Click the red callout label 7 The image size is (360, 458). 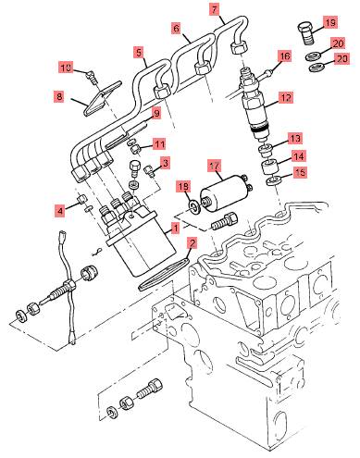(215, 9)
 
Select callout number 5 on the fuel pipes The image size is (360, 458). (139, 52)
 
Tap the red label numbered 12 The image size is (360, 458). (286, 98)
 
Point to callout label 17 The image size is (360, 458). (215, 166)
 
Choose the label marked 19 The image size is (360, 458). (330, 22)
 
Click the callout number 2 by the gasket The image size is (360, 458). (192, 243)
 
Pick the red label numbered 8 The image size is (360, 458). (58, 96)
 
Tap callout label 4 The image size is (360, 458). (60, 211)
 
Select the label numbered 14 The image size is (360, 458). (298, 156)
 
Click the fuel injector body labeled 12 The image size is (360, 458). (256, 105)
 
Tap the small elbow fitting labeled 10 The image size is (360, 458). (92, 76)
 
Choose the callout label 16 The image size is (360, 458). (284, 56)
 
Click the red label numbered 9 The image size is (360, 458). (156, 114)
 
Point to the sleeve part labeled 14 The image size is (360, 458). (269, 166)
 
